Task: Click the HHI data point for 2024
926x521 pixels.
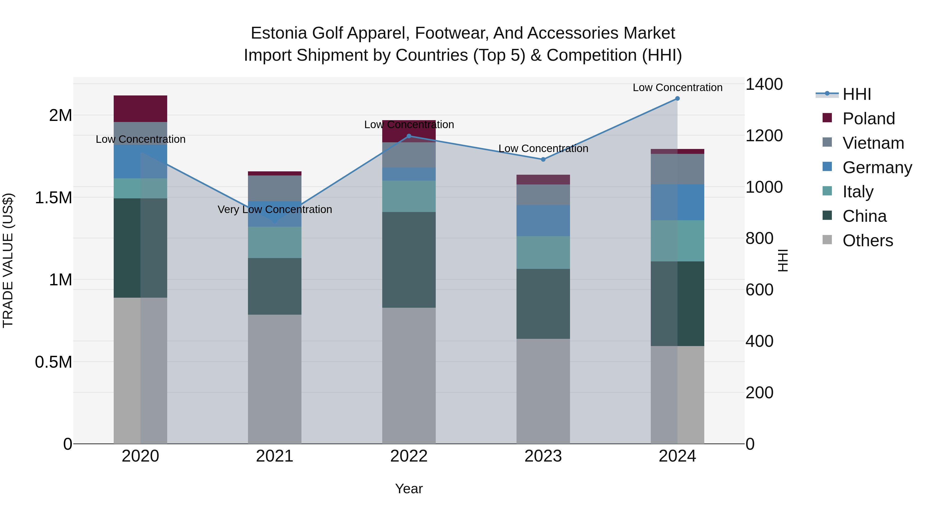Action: coord(677,99)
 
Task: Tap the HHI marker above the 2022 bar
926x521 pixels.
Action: coord(409,136)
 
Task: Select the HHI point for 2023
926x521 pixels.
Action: coord(543,159)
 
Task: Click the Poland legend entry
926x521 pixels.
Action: coord(859,118)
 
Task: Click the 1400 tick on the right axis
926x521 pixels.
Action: coord(764,84)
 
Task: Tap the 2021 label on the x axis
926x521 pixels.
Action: coord(275,456)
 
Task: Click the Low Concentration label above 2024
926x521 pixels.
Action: coord(678,87)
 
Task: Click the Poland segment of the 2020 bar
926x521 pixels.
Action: coord(140,109)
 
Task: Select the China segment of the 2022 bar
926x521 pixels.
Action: coord(409,260)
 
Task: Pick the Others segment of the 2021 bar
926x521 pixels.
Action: coord(275,379)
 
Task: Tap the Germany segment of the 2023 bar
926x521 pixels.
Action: coord(543,221)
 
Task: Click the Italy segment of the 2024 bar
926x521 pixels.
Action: coord(677,241)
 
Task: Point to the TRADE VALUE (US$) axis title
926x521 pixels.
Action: coord(8,260)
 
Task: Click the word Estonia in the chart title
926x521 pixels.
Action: coord(279,33)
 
